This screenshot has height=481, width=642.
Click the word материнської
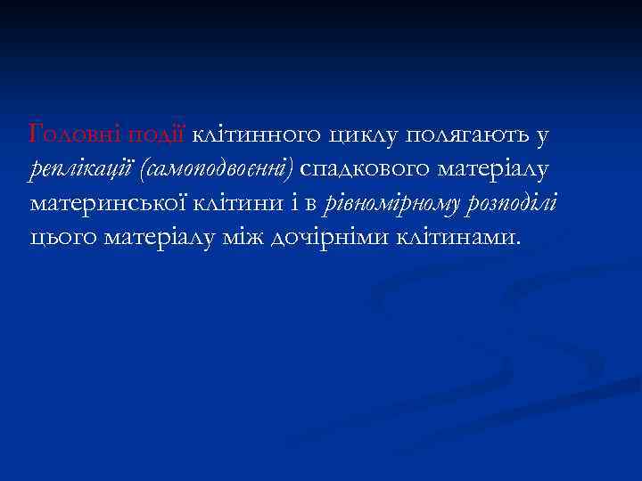pyautogui.click(x=105, y=204)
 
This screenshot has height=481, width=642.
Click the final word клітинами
pyautogui.click(x=458, y=238)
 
